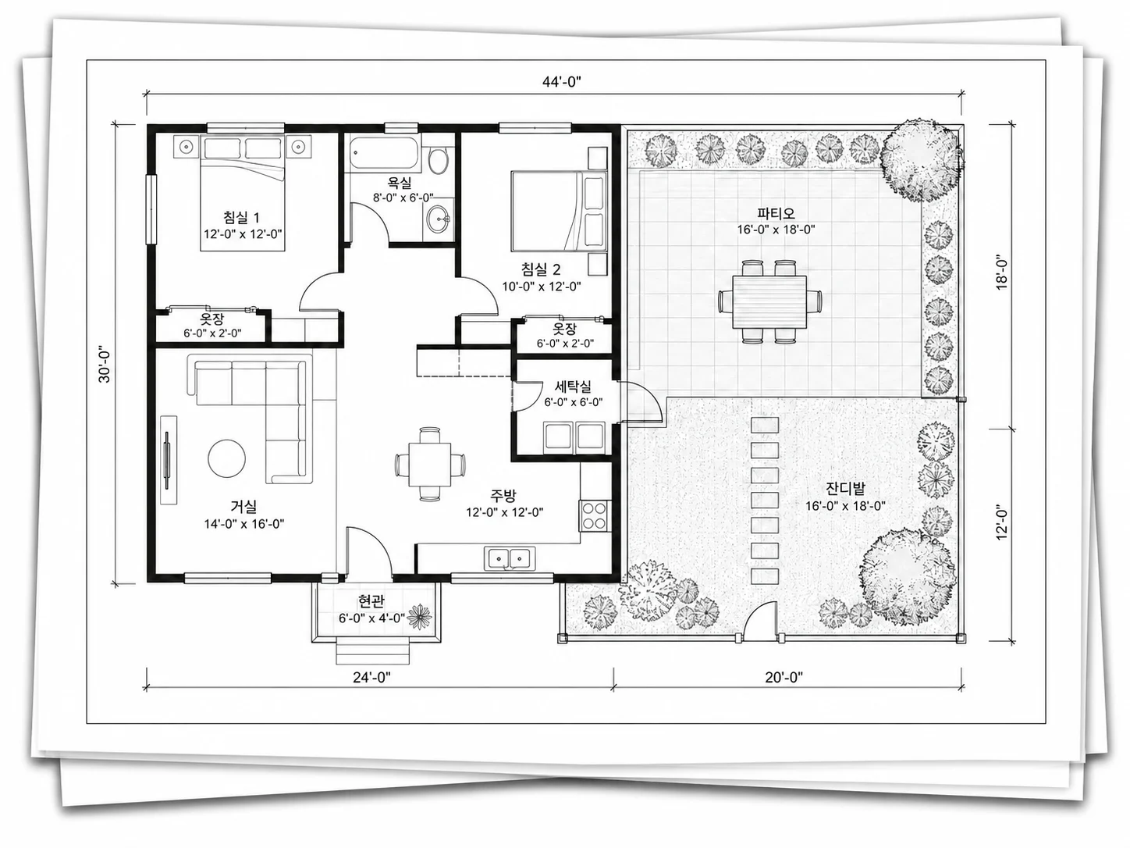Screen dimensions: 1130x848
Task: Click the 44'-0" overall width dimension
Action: coord(562,82)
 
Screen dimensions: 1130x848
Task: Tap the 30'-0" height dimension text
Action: coord(105,364)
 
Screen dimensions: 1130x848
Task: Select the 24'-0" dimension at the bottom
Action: coord(371,677)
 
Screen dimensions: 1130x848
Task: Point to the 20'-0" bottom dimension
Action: coord(784,677)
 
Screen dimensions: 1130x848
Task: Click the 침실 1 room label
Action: coord(241,217)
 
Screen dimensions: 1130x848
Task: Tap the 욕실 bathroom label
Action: coord(400,182)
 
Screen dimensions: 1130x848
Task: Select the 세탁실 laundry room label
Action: coord(573,387)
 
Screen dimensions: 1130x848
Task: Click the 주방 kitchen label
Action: coord(503,496)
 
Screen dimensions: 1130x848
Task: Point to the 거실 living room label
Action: coord(243,507)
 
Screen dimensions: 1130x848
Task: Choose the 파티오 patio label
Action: coord(776,212)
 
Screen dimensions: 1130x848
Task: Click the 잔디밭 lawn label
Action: coord(845,489)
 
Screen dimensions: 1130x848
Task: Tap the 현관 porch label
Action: coord(371,600)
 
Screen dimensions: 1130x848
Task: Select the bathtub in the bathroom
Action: coord(385,152)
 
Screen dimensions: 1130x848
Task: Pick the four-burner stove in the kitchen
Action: coord(593,515)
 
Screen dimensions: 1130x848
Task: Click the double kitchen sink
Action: coord(509,558)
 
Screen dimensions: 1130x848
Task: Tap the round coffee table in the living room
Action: coord(226,458)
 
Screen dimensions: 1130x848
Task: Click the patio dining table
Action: coord(769,301)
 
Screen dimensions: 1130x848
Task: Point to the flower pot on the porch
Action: coord(420,617)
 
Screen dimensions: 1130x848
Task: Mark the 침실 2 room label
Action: coord(541,269)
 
